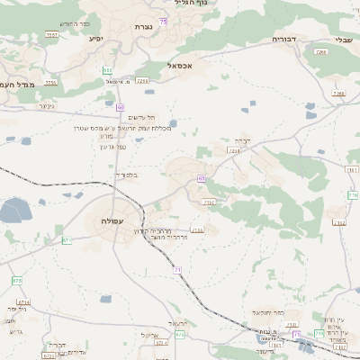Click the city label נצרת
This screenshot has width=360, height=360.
tap(143, 27)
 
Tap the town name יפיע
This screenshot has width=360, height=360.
tap(98, 39)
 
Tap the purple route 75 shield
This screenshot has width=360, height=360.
tap(162, 20)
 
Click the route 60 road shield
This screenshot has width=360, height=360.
tap(121, 106)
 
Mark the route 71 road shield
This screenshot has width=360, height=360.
tap(177, 270)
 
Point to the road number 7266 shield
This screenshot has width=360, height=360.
tap(338, 94)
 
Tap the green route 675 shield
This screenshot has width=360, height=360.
tap(16, 281)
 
